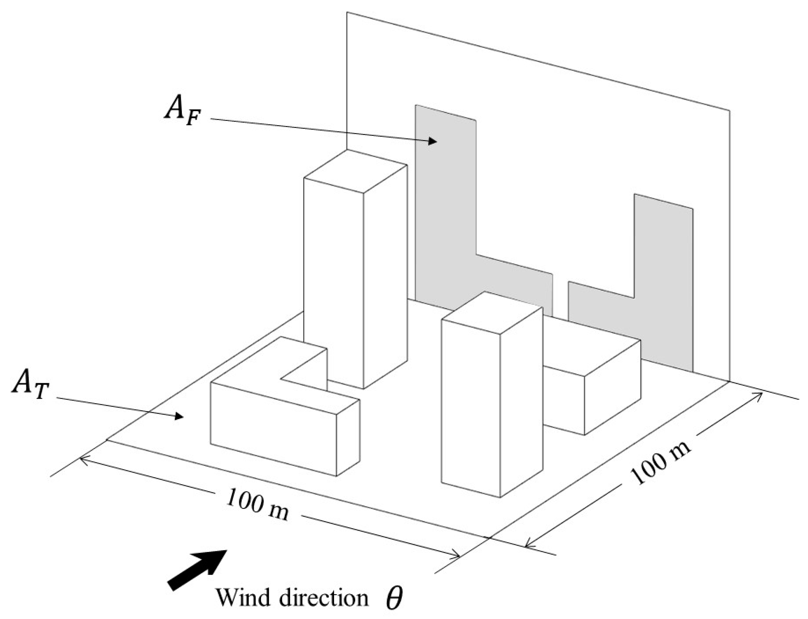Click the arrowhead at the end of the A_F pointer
(432, 141)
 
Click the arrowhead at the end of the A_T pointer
(180, 416)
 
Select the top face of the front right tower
(493, 315)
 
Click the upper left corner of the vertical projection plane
(347, 13)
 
